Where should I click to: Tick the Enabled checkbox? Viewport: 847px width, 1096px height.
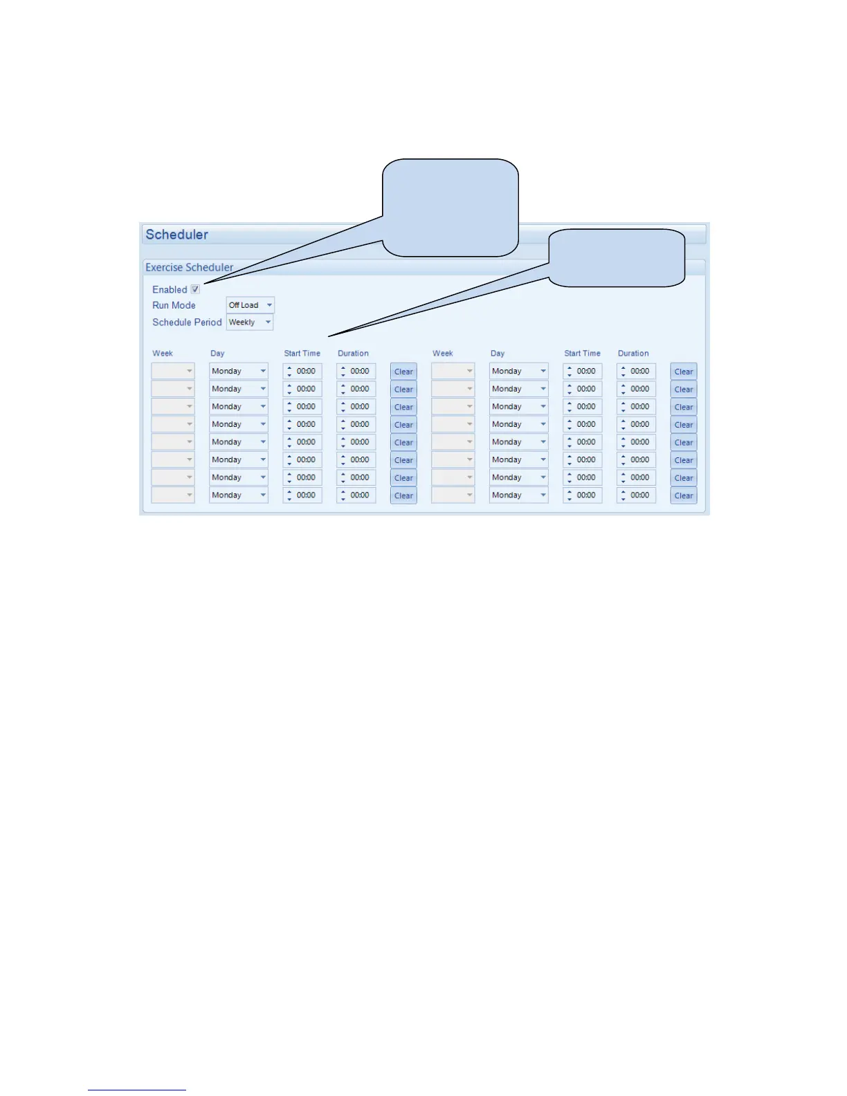click(x=195, y=289)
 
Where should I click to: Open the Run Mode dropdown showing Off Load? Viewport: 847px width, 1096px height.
click(x=250, y=305)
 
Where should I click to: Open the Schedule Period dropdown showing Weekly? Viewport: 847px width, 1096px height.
click(x=249, y=322)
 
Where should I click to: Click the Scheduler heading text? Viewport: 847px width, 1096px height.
click(x=176, y=235)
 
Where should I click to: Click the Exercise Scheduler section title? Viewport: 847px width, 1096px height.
click(x=189, y=267)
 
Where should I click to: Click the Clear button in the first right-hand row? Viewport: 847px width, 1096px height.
click(x=683, y=372)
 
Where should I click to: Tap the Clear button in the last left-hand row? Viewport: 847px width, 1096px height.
click(x=403, y=495)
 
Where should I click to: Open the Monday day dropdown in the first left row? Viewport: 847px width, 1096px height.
click(x=238, y=372)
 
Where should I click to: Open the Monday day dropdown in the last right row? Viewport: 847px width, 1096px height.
click(x=518, y=495)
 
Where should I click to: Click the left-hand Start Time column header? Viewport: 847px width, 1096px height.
click(x=302, y=354)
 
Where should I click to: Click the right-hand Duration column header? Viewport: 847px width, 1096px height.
click(x=633, y=354)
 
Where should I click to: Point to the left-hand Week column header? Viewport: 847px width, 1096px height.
click(x=163, y=354)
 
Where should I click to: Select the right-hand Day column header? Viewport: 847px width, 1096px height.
click(x=498, y=354)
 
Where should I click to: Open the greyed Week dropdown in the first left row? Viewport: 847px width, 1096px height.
click(x=173, y=372)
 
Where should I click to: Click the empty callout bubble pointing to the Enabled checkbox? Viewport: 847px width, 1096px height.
click(x=450, y=207)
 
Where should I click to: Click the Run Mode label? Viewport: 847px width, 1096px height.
click(x=174, y=305)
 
